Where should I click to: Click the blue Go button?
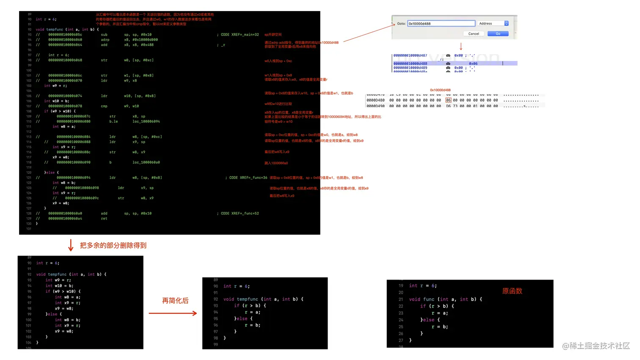pyautogui.click(x=498, y=34)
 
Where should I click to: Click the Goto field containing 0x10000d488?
pyautogui.click(x=441, y=24)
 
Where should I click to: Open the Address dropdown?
pyautogui.click(x=506, y=24)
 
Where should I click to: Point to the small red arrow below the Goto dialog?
pyautogui.click(x=461, y=46)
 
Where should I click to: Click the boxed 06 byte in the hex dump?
pyautogui.click(x=449, y=100)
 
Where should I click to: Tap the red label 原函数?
pyautogui.click(x=512, y=291)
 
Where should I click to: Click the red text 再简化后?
pyautogui.click(x=175, y=301)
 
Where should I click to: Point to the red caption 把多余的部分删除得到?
pyautogui.click(x=113, y=245)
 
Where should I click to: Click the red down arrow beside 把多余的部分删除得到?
pyautogui.click(x=71, y=245)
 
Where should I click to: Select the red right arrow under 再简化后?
pyautogui.click(x=173, y=313)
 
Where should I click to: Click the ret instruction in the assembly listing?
pyautogui.click(x=104, y=219)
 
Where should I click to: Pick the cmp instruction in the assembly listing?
pyautogui.click(x=104, y=106)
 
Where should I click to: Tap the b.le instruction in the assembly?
pyautogui.click(x=113, y=121)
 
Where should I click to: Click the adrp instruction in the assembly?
pyautogui.click(x=105, y=40)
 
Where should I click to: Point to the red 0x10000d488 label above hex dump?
pyautogui.click(x=440, y=90)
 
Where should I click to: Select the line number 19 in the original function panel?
pyautogui.click(x=401, y=286)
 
